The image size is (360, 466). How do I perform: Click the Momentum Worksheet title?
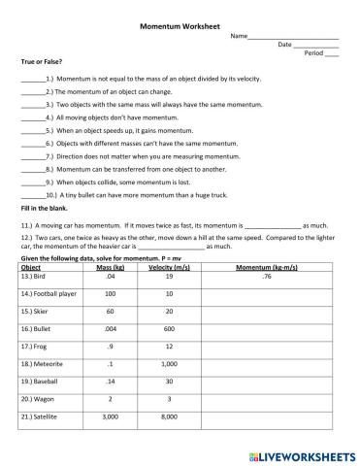coord(180,24)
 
